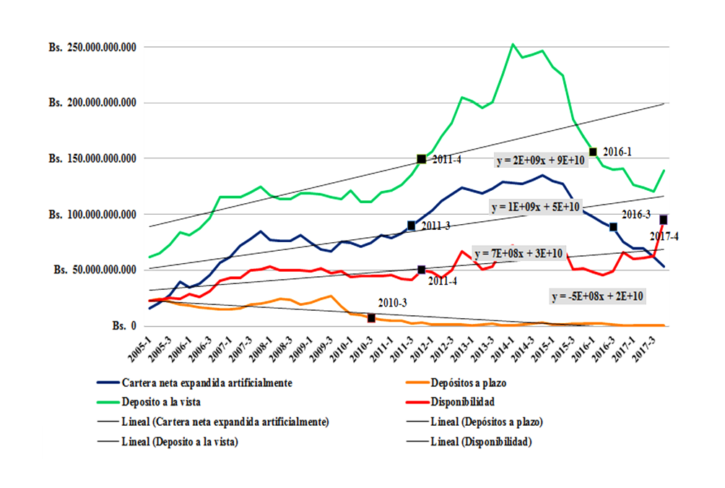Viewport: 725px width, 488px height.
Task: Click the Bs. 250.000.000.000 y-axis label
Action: (x=92, y=47)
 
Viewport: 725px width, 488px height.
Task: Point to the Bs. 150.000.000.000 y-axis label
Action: (x=92, y=158)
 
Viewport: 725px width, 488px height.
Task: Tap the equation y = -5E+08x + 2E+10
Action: (x=597, y=296)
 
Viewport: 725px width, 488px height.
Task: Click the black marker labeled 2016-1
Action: (x=594, y=152)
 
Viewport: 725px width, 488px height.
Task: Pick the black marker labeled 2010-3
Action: (x=371, y=318)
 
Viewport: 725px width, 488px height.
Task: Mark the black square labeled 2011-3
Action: (x=412, y=226)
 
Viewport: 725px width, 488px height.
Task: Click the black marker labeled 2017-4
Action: (x=663, y=220)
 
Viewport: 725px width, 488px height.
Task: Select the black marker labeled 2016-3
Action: (x=613, y=227)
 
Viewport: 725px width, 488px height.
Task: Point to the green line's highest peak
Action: (x=513, y=44)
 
